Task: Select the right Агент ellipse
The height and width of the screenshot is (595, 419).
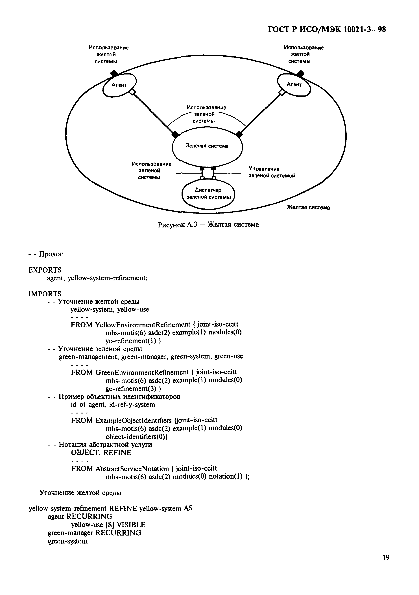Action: (x=294, y=85)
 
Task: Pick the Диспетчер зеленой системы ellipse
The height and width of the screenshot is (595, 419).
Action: (x=208, y=194)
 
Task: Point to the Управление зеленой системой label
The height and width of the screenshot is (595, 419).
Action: (x=272, y=172)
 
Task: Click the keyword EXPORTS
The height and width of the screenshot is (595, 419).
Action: (x=45, y=270)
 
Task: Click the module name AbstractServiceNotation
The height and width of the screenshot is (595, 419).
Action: (x=132, y=469)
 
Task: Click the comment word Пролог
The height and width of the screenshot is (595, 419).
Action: (x=51, y=254)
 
